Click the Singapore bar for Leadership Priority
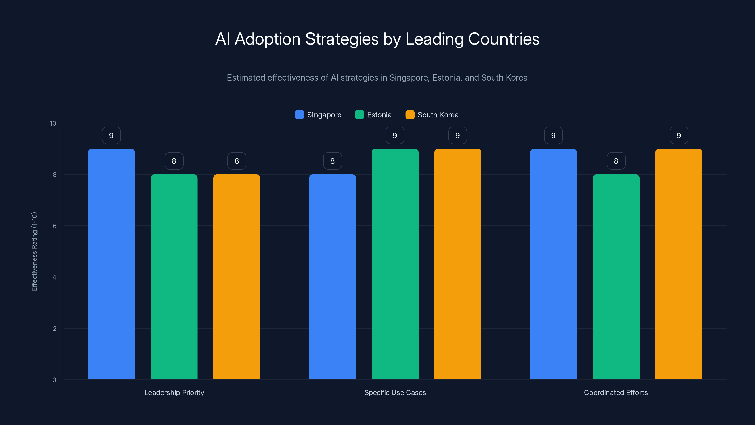point(111,264)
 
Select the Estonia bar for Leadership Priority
point(174,277)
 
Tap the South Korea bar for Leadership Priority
point(236,277)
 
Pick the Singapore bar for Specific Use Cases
point(332,277)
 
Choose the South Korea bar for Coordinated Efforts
point(679,264)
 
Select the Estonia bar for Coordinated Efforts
point(616,277)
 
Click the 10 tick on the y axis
point(53,123)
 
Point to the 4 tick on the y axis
point(54,277)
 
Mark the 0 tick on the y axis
point(54,380)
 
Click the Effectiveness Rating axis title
point(34,251)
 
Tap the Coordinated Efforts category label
point(616,392)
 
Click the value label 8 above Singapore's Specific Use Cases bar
point(332,161)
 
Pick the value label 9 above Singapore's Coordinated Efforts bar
point(553,135)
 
